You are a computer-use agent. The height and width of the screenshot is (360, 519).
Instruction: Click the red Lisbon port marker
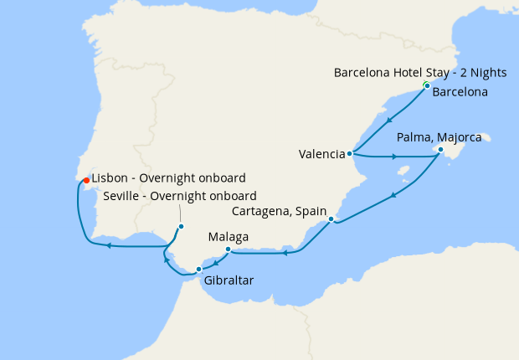click(86, 179)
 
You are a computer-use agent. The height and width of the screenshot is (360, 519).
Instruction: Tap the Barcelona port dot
click(427, 86)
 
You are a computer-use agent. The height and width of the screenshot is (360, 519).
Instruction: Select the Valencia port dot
click(350, 154)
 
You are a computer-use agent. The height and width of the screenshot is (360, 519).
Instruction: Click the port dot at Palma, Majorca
click(440, 151)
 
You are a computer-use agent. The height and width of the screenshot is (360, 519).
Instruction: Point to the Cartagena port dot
click(331, 219)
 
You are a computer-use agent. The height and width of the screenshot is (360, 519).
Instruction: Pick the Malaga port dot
click(229, 249)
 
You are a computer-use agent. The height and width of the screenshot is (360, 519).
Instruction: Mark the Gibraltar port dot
click(198, 269)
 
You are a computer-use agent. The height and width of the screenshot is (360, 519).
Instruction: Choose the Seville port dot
click(181, 226)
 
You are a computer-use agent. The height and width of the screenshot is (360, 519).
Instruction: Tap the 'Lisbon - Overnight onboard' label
click(168, 178)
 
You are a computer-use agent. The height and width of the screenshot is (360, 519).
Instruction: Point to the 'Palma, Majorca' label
click(439, 137)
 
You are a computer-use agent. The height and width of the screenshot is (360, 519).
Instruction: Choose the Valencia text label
click(321, 154)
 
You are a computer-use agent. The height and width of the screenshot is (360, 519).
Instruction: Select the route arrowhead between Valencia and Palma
click(394, 157)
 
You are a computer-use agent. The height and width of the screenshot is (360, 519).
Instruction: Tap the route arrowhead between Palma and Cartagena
click(393, 195)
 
